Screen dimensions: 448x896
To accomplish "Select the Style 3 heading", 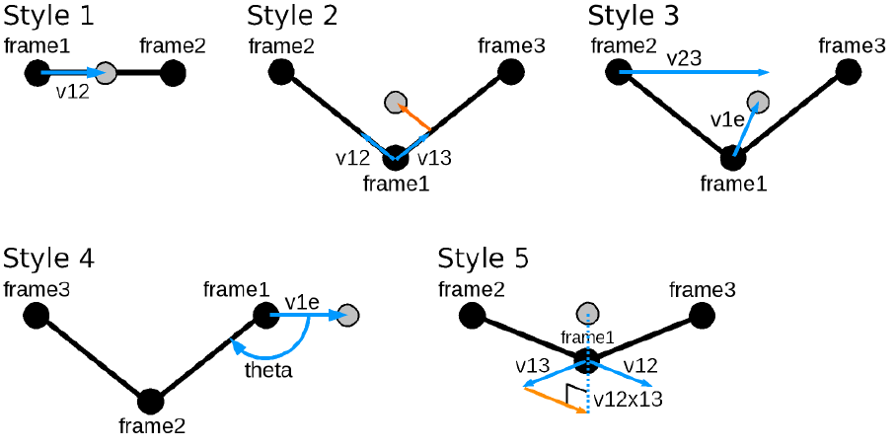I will click(633, 17).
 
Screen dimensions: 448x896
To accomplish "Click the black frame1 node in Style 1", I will click(37, 72).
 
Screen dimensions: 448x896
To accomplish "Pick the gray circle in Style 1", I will click(106, 72).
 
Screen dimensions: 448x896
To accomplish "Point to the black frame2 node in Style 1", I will click(173, 72).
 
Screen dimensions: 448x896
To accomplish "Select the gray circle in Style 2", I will click(396, 102).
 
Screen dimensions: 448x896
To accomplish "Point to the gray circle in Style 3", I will click(758, 102).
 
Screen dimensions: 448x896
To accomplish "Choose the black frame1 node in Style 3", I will click(731, 156).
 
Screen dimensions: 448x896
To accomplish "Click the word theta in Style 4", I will click(267, 371).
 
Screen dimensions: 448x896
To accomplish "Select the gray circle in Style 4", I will click(347, 315).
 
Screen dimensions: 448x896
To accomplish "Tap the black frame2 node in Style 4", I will click(150, 401).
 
